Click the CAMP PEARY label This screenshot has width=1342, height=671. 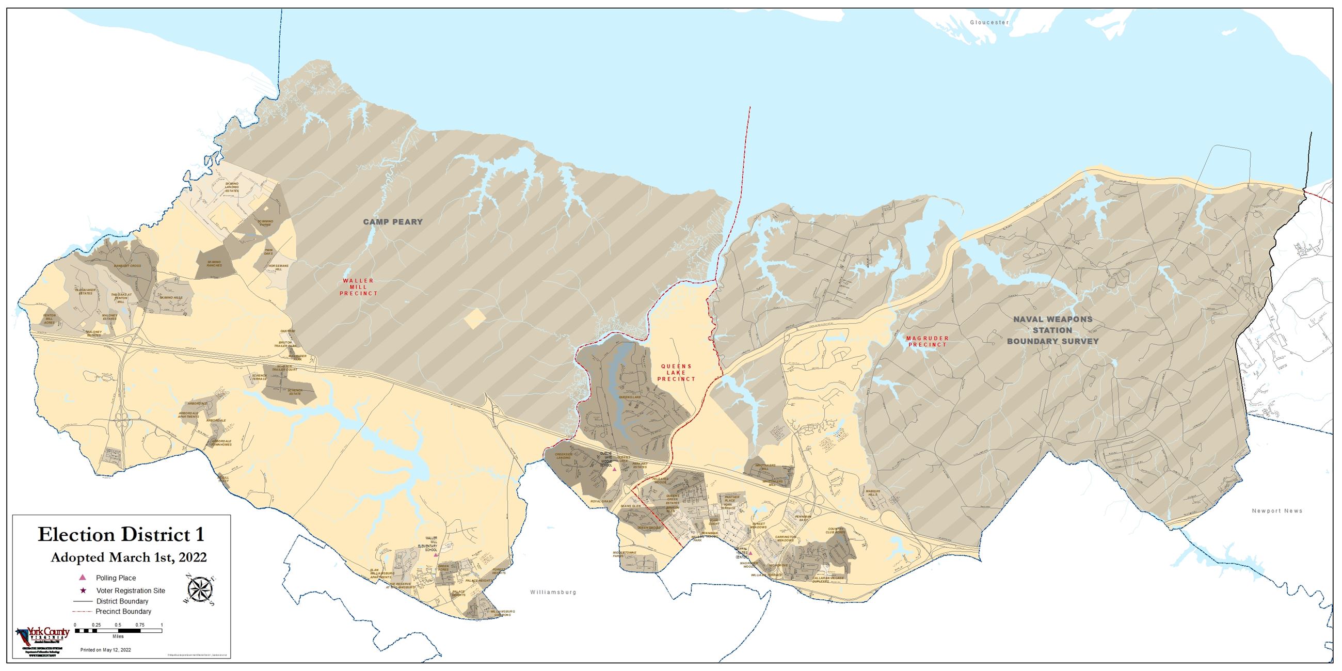393,222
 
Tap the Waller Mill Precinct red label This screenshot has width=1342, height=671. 358,287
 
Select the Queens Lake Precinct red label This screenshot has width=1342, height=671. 676,373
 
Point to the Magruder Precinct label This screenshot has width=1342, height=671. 928,341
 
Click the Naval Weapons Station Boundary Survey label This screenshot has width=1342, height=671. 1052,330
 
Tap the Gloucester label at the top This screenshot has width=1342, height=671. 989,22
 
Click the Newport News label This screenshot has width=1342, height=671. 1277,510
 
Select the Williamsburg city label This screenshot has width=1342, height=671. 553,593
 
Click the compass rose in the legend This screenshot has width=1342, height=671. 201,591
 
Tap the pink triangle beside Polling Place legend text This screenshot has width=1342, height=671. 82,577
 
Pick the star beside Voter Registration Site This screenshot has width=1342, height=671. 82,590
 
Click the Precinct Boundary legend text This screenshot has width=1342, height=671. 123,612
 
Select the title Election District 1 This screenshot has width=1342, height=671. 121,535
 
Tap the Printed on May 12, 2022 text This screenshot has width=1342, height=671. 106,650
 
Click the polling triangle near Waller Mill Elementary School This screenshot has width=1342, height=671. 436,555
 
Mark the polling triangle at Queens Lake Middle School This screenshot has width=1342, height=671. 614,469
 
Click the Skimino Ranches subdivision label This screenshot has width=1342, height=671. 214,264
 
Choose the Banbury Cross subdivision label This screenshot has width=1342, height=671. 127,266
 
